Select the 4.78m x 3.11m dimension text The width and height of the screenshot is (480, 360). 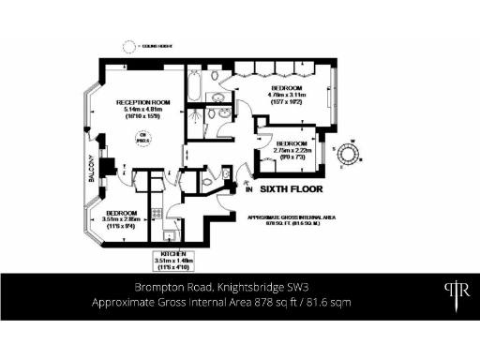click(x=289, y=95)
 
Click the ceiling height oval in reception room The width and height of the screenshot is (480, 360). click(x=143, y=141)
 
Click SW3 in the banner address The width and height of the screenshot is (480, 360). click(x=282, y=287)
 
